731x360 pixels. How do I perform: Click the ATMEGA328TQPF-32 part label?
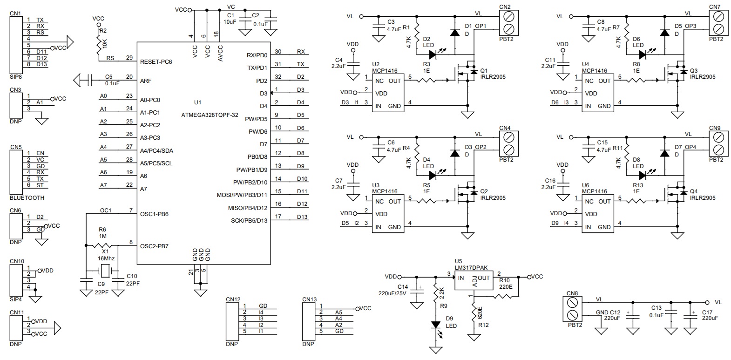click(x=210, y=115)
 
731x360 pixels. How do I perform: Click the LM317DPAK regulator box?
click(x=474, y=280)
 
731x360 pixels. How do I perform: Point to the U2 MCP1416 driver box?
click(x=388, y=93)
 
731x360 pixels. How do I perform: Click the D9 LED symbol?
click(x=436, y=326)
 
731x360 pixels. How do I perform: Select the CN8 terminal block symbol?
click(x=573, y=309)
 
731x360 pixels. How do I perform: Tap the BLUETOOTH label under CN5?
click(x=27, y=197)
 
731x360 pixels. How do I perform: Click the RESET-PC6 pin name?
click(x=156, y=61)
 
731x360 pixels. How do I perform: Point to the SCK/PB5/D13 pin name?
click(x=249, y=221)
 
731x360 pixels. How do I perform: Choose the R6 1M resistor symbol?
click(x=102, y=245)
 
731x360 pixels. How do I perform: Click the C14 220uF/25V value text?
click(x=392, y=293)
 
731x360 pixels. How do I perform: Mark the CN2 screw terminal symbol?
click(x=509, y=23)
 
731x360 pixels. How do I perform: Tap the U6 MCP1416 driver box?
click(x=598, y=214)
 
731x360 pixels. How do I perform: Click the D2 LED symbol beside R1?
click(x=433, y=54)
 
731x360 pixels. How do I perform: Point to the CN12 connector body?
click(x=232, y=322)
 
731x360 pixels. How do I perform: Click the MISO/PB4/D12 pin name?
click(x=248, y=208)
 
